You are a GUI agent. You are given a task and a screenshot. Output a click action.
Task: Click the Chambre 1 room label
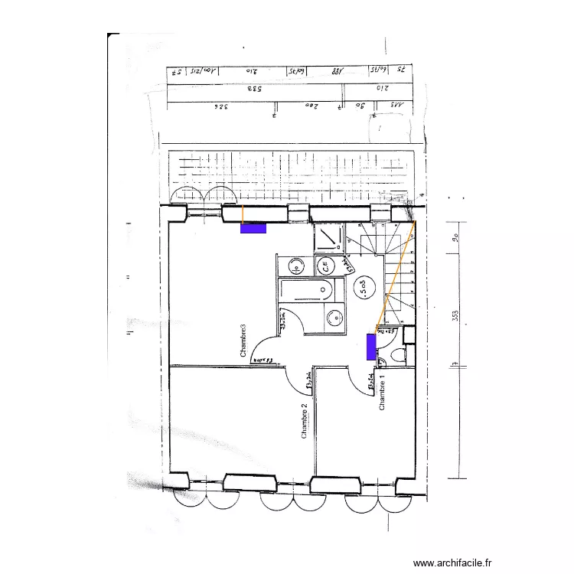pos(382,396)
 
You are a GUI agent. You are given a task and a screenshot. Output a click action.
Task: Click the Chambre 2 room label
pos(304,421)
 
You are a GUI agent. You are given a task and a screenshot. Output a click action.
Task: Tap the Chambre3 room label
pos(244,341)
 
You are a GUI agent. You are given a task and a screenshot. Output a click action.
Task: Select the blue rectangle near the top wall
pos(253,227)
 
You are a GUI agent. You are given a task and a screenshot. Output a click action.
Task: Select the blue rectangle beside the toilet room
pos(370,347)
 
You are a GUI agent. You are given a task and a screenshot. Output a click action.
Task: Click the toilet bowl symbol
pos(395,356)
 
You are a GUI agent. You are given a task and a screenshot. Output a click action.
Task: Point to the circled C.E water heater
pos(325,266)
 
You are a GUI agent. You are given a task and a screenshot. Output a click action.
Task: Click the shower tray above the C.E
pos(330,238)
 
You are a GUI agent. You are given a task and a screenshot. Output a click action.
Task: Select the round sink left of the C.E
pos(295,266)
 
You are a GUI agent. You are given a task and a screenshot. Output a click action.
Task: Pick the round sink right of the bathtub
pos(333,317)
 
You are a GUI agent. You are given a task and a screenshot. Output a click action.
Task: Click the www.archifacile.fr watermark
pos(452,562)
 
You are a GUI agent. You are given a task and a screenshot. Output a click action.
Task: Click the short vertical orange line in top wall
pos(242,214)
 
